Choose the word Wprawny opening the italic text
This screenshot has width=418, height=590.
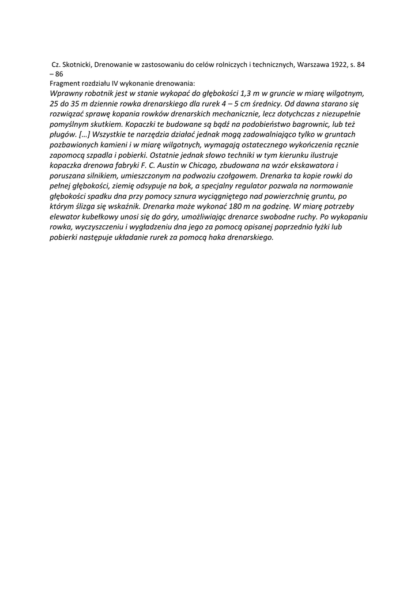point(67,93)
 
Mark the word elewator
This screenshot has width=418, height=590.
point(66,216)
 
